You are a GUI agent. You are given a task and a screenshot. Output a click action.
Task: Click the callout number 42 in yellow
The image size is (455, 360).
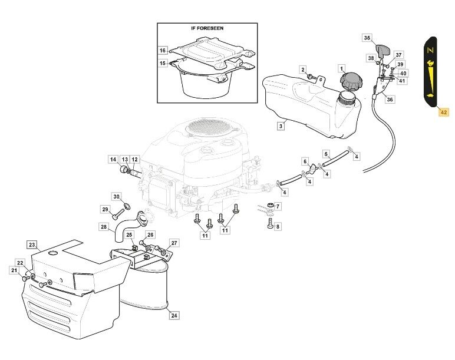pos(444,111)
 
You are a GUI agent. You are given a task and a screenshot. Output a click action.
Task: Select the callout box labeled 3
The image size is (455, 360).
pos(281,125)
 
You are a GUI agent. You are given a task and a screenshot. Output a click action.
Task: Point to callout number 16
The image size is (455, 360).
pos(163,51)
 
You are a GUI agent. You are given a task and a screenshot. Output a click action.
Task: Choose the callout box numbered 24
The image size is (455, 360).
pos(174,316)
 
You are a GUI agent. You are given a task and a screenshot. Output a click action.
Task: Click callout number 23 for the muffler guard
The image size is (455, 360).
pos(32,245)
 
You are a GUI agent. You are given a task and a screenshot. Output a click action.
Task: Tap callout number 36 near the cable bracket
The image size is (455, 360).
pos(390,100)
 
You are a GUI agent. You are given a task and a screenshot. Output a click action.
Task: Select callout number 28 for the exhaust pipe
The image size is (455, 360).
pos(104,227)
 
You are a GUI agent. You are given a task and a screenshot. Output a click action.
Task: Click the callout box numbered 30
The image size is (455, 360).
pos(116,197)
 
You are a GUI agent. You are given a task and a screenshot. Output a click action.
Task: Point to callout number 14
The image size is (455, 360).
pos(113,160)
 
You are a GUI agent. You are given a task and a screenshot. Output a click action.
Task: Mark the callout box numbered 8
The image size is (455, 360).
pos(278,226)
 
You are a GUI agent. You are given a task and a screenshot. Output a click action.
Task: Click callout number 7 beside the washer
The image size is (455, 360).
pos(278,206)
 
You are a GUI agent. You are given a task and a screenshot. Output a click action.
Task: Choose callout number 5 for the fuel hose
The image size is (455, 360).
pos(325,154)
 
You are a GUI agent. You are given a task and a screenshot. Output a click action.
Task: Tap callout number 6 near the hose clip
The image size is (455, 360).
pos(305,161)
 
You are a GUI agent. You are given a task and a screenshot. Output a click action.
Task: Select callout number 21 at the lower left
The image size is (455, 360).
pos(14,270)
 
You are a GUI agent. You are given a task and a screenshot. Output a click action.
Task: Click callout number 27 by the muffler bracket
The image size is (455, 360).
pos(174,243)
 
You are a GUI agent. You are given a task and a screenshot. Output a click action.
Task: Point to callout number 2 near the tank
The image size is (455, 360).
pos(303,70)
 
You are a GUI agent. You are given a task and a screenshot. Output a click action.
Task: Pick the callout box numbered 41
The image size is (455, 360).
pos(402,81)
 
